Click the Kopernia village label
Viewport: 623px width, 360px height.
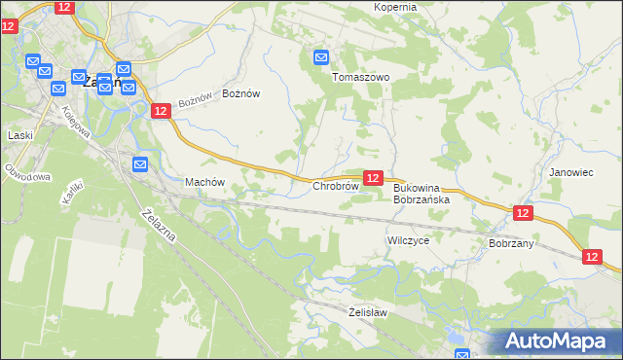[x=395, y=7]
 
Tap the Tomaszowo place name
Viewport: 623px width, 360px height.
[x=361, y=77]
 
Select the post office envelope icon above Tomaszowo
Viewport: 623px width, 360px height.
[x=322, y=58]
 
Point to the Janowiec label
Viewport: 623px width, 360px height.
[x=570, y=172]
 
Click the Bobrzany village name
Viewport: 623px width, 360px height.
[x=511, y=243]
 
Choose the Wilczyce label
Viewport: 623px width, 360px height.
[x=408, y=239]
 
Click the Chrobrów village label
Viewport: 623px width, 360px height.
[x=336, y=186]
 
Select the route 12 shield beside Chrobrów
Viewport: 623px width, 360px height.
[x=373, y=177]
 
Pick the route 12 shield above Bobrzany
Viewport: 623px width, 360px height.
[x=523, y=213]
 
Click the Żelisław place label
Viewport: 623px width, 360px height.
[x=368, y=312]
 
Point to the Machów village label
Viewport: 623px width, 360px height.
[x=204, y=182]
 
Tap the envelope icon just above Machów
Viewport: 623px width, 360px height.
[x=139, y=164]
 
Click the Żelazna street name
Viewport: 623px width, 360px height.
[x=158, y=229]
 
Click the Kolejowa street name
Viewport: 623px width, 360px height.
[x=77, y=121]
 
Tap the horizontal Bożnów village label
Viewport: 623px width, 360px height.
[x=241, y=93]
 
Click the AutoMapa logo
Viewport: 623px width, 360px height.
[x=558, y=342]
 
